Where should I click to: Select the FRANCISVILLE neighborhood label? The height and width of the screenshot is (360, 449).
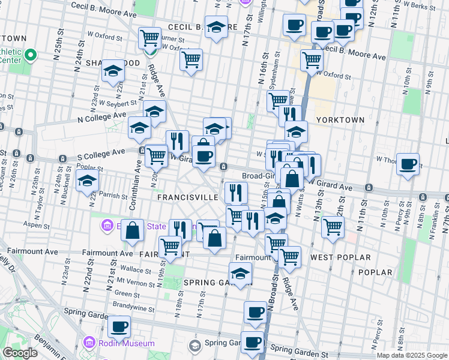pos(187,197)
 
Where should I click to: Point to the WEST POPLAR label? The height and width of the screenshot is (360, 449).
pos(334,257)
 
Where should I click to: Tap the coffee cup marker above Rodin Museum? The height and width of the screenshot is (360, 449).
pos(119,326)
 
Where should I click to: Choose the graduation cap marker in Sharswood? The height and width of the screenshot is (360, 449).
pos(112,71)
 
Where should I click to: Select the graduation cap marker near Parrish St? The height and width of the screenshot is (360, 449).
pos(87,179)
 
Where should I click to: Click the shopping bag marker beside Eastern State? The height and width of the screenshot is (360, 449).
pos(133,230)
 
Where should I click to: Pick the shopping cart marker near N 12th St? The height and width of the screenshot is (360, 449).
pos(333,227)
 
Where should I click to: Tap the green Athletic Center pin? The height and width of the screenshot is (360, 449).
pos(30,56)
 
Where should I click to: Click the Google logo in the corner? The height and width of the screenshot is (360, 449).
pos(20,353)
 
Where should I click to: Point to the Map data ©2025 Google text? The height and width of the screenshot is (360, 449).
pos(412,355)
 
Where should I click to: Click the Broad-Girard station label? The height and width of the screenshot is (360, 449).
pos(259,176)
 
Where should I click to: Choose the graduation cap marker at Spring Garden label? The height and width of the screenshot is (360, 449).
pos(241,273)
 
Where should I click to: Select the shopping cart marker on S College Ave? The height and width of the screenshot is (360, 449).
pos(156,155)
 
